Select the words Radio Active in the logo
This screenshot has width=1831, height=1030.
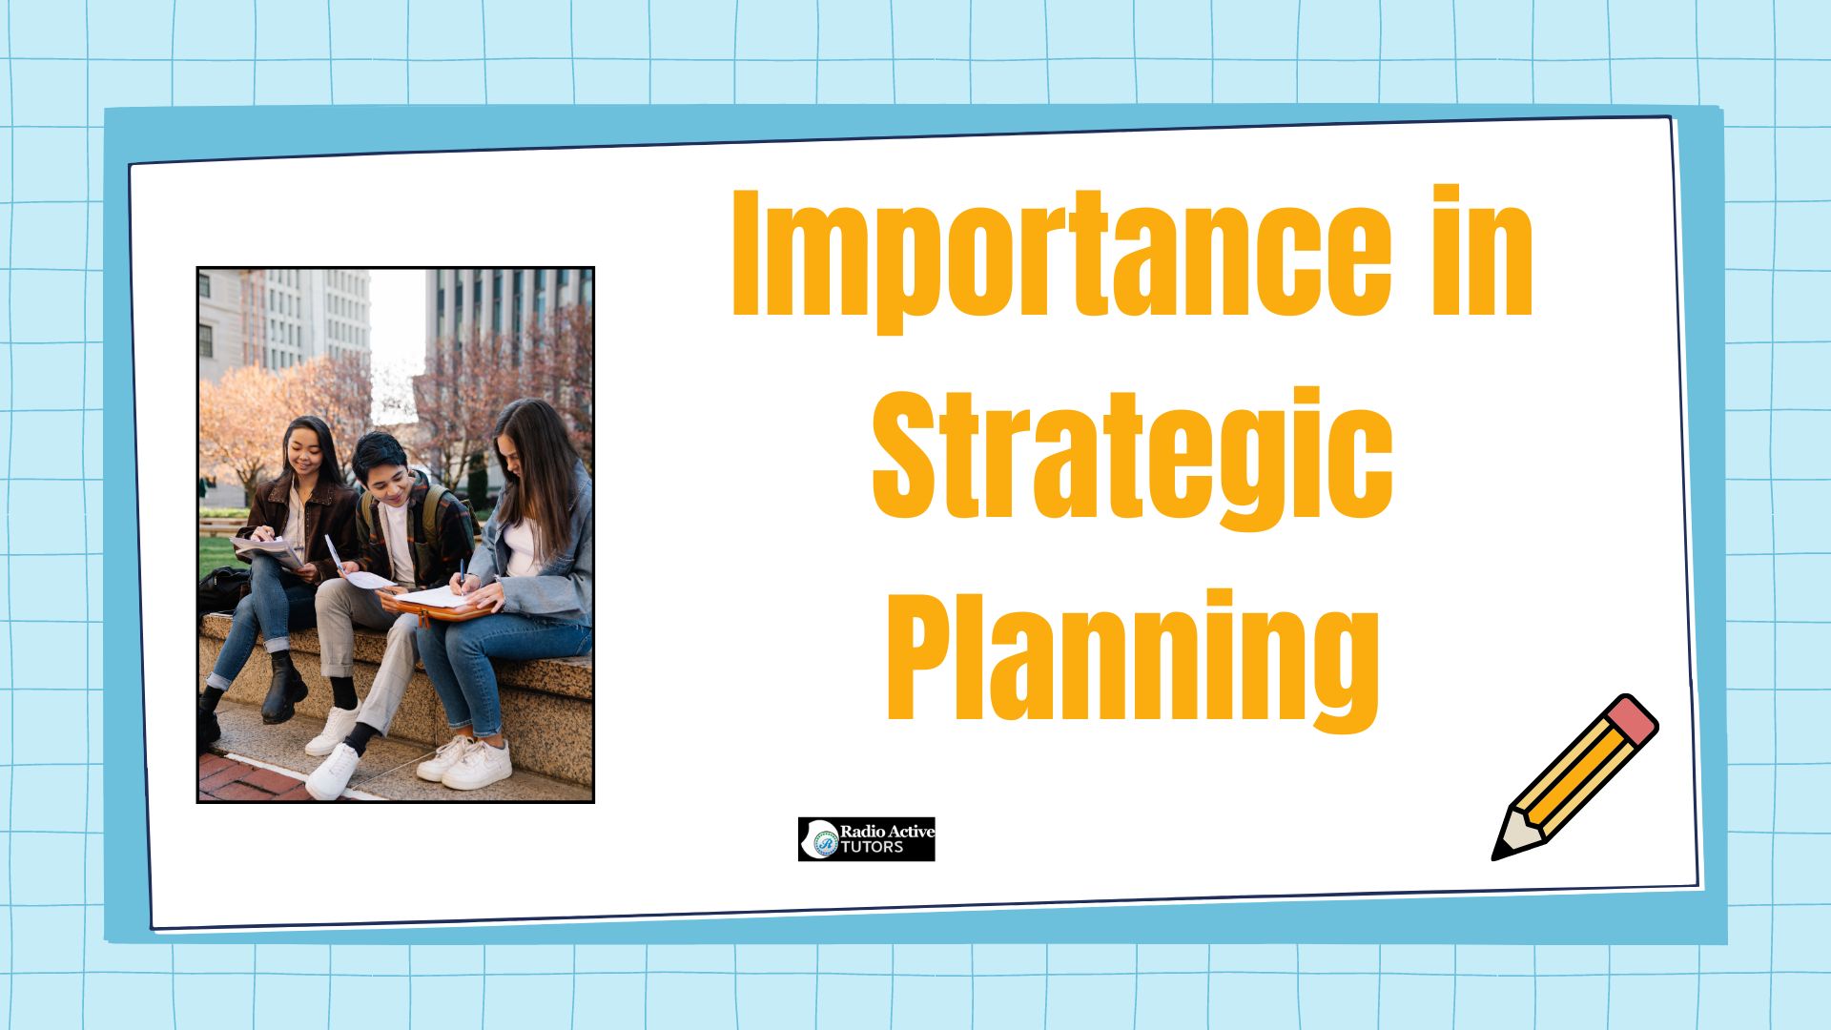(x=887, y=831)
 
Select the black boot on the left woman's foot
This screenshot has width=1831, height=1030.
(x=283, y=688)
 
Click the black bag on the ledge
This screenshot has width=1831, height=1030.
(x=222, y=587)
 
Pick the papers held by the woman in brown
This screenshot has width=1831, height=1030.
(x=267, y=551)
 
